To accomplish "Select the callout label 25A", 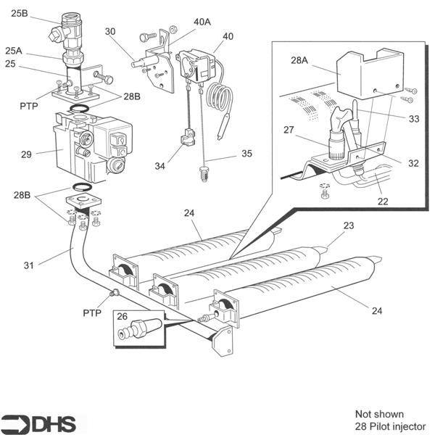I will tap(14, 51).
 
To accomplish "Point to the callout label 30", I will tap(110, 31).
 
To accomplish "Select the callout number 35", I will tap(247, 154).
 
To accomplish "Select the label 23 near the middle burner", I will tap(349, 225).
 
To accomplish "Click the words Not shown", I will tap(379, 415).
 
